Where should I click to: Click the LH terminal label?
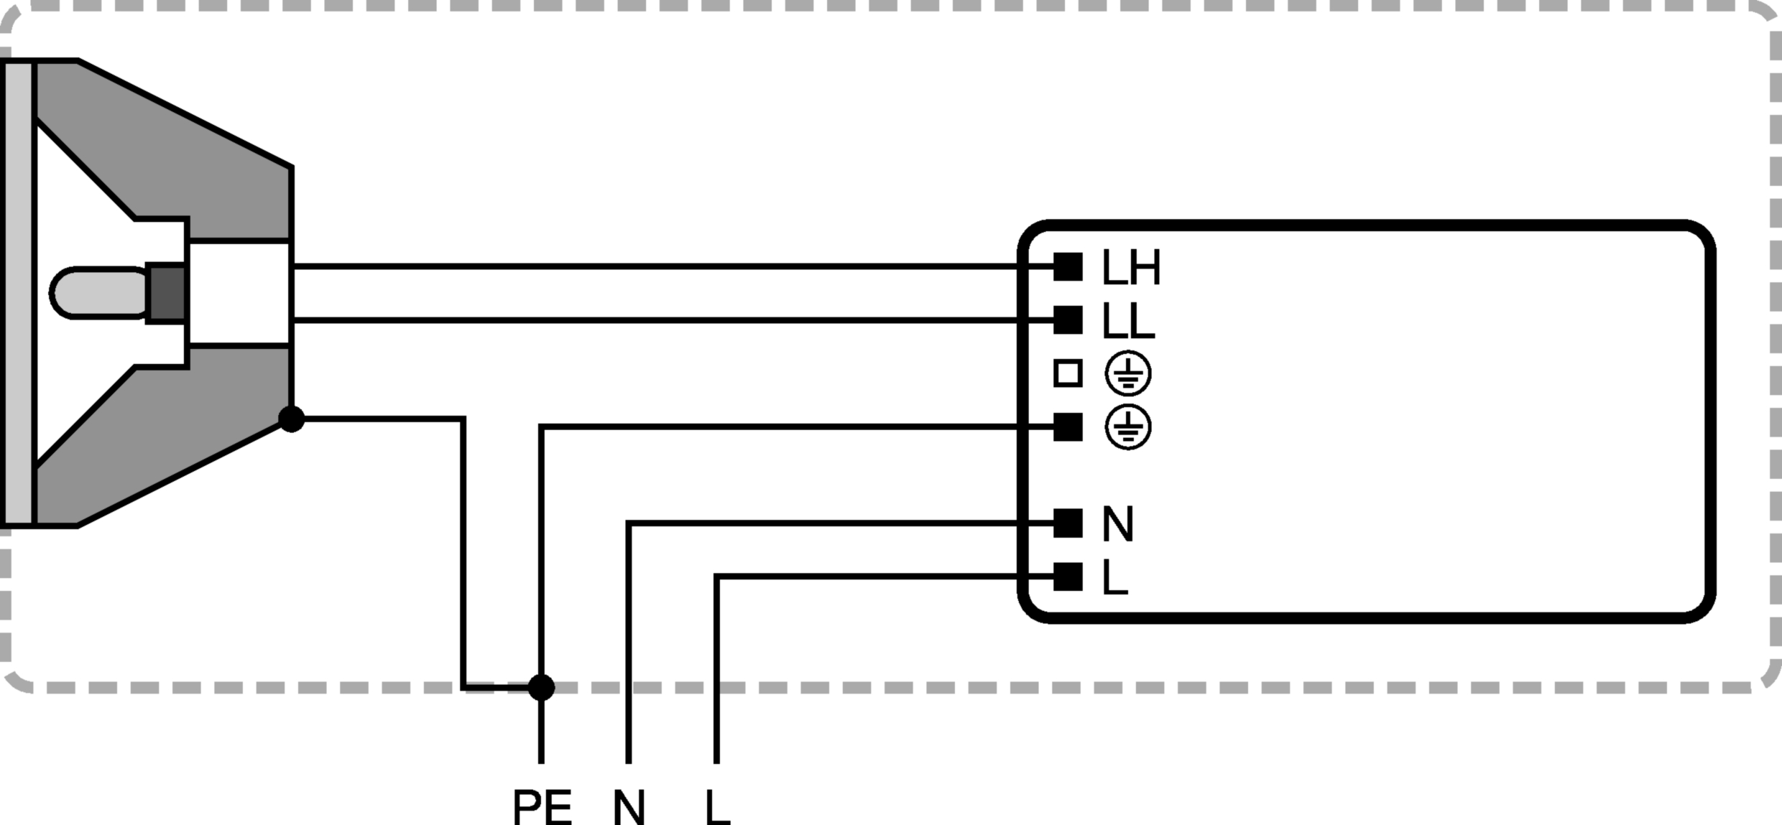(x=1130, y=268)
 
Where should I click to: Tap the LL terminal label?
(x=1127, y=321)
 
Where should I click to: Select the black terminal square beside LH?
(x=1068, y=266)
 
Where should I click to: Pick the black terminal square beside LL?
(x=1068, y=320)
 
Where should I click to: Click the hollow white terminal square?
(x=1068, y=374)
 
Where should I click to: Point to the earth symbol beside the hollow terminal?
(x=1128, y=374)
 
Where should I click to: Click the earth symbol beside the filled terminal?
(x=1128, y=427)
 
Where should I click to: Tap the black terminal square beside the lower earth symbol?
(x=1068, y=427)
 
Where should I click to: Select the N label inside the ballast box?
(x=1117, y=524)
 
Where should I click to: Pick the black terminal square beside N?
(x=1068, y=523)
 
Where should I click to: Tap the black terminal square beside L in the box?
(x=1068, y=577)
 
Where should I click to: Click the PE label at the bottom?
(x=543, y=807)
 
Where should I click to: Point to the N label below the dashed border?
(x=629, y=807)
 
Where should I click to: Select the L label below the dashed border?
(x=717, y=807)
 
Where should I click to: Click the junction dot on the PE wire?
(x=541, y=687)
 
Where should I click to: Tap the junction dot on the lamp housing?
(x=291, y=419)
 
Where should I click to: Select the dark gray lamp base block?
(x=166, y=293)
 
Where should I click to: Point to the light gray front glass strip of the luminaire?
(x=19, y=293)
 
